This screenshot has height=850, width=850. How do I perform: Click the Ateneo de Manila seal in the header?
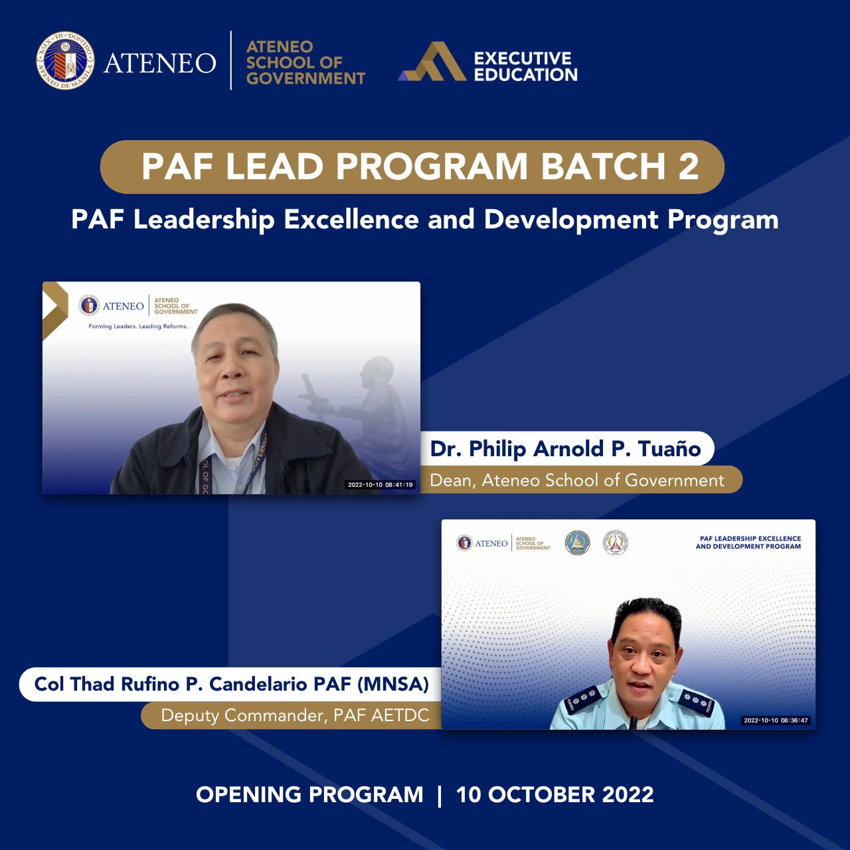[65, 61]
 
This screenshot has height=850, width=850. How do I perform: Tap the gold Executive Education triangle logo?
[432, 63]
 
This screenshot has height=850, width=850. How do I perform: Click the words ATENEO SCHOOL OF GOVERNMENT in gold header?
[305, 62]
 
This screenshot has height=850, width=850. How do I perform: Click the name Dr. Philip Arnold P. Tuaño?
[565, 449]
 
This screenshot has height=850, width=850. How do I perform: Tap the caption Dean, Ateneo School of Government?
[577, 480]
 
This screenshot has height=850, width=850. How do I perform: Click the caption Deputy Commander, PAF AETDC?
[295, 715]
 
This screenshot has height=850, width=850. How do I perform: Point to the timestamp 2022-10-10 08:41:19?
[381, 485]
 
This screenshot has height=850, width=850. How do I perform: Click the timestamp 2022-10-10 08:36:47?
[776, 721]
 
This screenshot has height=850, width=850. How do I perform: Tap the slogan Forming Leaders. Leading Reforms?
[138, 326]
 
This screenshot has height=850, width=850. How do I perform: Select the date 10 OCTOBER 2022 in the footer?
[554, 794]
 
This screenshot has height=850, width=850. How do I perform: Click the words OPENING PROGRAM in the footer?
[309, 794]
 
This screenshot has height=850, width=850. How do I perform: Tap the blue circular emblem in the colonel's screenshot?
[577, 543]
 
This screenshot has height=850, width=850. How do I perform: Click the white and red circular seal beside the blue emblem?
[616, 543]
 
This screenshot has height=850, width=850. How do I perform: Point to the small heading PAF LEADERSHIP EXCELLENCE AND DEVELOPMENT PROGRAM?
[748, 543]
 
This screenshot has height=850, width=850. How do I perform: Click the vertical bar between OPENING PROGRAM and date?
[440, 795]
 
